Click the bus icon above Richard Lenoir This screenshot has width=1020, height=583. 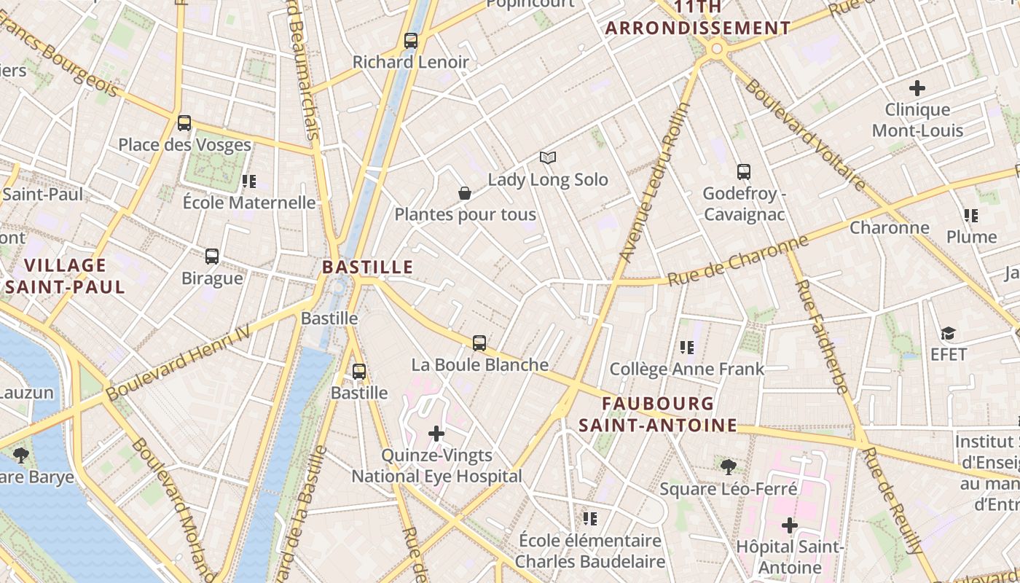(411, 41)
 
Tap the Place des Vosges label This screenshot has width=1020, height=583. (184, 144)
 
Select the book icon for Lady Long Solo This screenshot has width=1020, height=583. (548, 157)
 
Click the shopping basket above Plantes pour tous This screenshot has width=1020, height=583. (465, 193)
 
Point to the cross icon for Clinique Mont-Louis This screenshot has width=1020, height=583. (917, 88)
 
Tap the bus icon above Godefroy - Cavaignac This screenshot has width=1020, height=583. (743, 172)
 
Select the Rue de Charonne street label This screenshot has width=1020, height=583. (738, 260)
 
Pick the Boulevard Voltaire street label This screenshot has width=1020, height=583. (804, 134)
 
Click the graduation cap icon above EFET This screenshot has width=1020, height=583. (948, 334)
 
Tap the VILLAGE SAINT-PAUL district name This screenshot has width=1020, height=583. (66, 275)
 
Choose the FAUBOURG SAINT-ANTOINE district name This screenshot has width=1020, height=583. (658, 414)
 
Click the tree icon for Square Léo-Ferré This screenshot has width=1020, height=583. (728, 466)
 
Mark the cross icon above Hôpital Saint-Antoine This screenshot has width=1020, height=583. (790, 525)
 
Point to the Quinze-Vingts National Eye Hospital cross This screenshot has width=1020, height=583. (436, 434)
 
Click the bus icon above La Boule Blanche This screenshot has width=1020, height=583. (479, 343)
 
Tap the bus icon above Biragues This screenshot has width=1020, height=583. (212, 257)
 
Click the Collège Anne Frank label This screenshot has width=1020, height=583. (687, 369)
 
